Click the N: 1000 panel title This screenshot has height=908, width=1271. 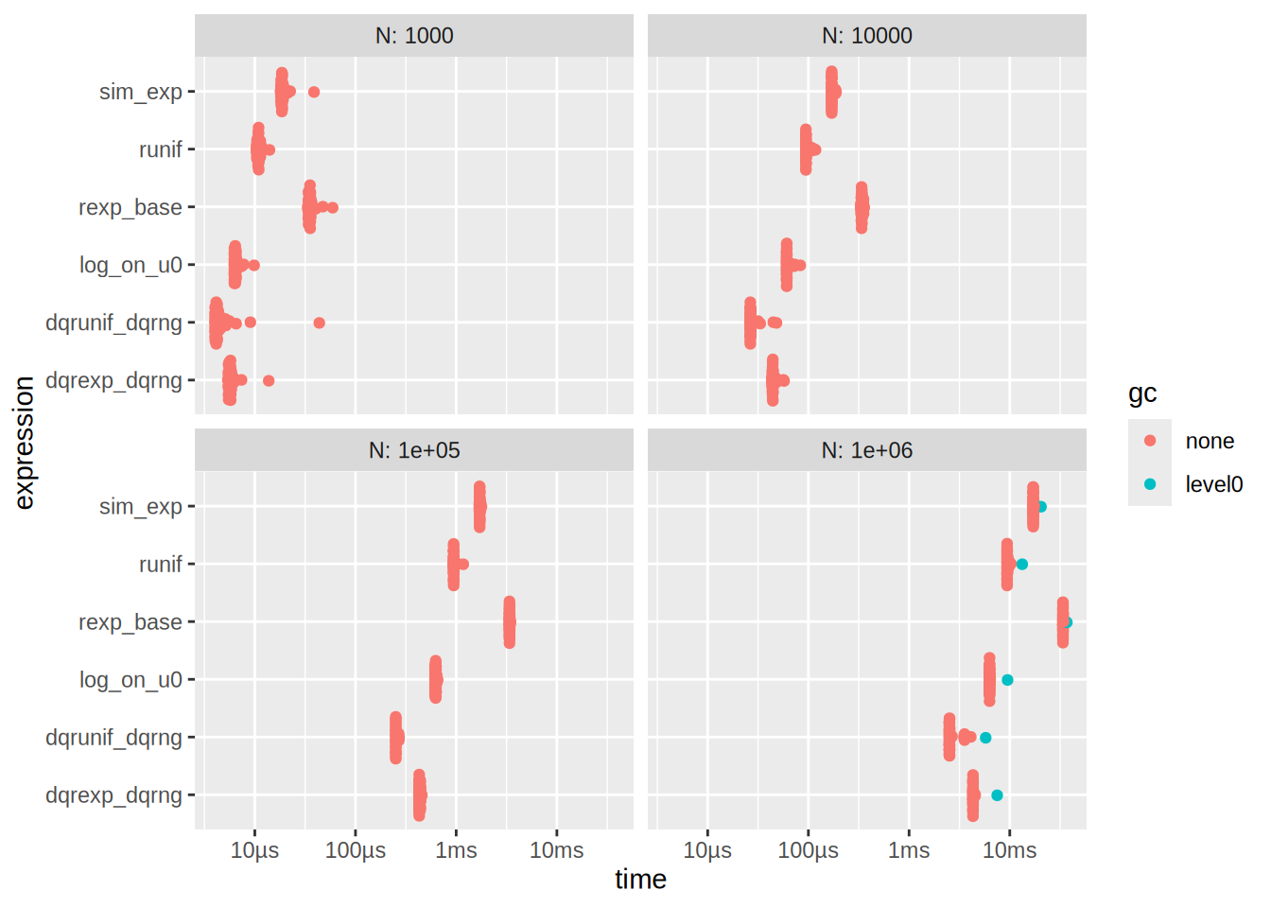tap(414, 36)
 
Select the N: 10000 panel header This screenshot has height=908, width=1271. tap(866, 36)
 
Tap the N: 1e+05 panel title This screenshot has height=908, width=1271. tap(414, 450)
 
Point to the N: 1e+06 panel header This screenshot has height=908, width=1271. tap(866, 450)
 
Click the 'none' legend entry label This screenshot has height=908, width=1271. tap(1210, 441)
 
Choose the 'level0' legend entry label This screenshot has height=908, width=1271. tap(1213, 484)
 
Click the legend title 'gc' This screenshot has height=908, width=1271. tap(1142, 393)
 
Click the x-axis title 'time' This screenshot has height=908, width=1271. tap(640, 880)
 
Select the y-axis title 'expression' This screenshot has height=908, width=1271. tap(25, 443)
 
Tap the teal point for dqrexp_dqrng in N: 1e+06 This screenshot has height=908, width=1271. tap(997, 795)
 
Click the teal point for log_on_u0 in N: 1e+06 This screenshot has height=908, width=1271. tap(1007, 680)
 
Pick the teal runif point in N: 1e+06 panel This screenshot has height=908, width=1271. tap(1021, 565)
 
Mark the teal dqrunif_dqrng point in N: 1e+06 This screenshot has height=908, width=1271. tap(985, 738)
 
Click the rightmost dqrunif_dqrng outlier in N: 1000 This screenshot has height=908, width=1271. tap(319, 323)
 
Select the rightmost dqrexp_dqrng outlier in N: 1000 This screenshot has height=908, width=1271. tap(269, 380)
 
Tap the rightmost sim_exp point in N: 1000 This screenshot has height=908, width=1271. tap(314, 92)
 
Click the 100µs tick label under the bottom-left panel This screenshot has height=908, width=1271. tap(356, 850)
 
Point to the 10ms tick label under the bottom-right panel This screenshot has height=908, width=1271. tap(1009, 850)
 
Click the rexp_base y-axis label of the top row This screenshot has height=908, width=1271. tap(131, 207)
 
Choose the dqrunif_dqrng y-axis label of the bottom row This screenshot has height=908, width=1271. tap(113, 738)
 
